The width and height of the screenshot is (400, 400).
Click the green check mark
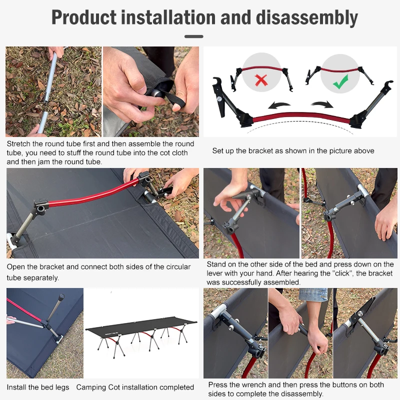[340, 82]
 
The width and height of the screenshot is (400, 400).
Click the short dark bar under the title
[194, 36]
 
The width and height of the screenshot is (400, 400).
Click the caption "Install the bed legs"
[38, 387]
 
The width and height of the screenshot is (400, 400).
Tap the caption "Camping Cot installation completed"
[135, 387]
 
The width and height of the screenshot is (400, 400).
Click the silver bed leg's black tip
[61, 297]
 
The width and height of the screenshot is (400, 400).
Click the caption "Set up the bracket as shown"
[293, 150]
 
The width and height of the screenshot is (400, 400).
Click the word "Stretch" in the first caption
[19, 144]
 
